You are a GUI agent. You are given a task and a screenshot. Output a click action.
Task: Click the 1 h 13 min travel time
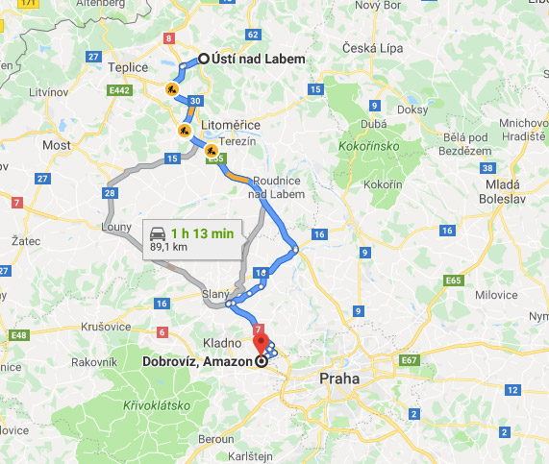[x=203, y=232]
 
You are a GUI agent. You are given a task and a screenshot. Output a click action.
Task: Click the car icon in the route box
[x=157, y=232]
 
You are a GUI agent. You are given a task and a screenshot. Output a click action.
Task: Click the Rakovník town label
[x=95, y=362]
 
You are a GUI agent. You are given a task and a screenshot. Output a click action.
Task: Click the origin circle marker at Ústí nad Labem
[x=203, y=60]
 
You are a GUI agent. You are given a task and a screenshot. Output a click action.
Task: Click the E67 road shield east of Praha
[x=412, y=360]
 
